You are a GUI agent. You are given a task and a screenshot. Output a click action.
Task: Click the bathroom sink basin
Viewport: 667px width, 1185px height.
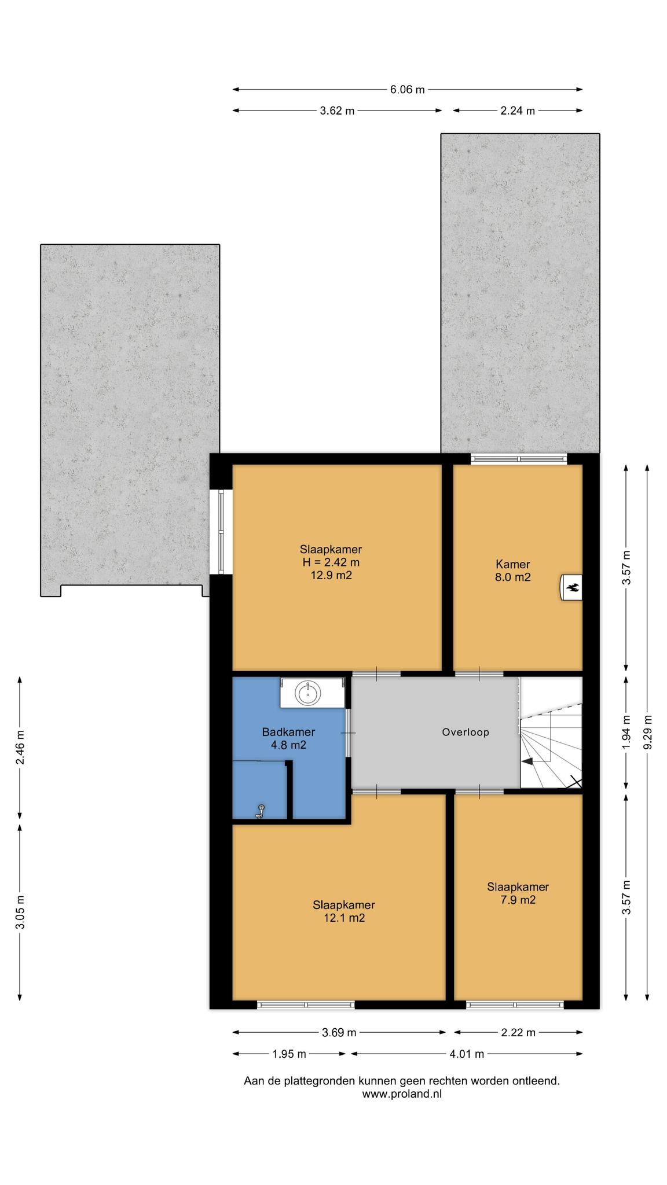point(308,693)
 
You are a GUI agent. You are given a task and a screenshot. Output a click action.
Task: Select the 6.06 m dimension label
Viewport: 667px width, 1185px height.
point(407,90)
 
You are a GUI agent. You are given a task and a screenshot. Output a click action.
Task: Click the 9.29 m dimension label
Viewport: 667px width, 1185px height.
point(647,732)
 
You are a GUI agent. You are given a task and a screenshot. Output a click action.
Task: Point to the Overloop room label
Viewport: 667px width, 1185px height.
point(466,732)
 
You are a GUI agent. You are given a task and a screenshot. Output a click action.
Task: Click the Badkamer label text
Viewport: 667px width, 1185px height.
point(288,733)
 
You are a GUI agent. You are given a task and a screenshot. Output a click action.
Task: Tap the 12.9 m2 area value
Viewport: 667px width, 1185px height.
point(331,576)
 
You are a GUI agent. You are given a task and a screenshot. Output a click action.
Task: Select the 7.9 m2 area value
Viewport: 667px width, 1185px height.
point(518,900)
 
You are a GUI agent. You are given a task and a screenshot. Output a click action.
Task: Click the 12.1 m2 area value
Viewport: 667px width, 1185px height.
point(344,918)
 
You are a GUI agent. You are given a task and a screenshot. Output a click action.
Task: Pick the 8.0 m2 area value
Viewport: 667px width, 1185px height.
point(513,577)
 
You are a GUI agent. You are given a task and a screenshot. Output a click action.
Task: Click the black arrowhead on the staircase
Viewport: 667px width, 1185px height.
point(527,763)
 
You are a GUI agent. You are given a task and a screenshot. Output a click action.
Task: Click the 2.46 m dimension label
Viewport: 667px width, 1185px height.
point(20,747)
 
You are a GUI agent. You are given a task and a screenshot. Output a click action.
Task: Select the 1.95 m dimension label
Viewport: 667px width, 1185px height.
point(289,1054)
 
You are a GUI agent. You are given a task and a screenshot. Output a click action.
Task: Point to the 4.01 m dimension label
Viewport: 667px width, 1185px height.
point(467,1054)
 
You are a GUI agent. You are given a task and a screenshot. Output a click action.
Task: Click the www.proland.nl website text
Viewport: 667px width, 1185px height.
point(402,1094)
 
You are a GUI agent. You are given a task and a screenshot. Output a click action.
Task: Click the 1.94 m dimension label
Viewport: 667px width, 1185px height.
point(626,732)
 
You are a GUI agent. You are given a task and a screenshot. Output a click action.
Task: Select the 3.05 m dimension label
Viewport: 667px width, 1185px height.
point(20,912)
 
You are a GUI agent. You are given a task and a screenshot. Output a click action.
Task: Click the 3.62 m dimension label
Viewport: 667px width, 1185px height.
point(337,111)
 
